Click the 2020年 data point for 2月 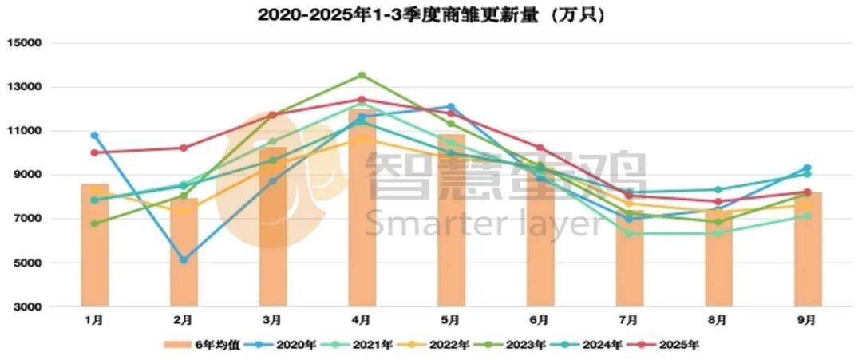coord(184,259)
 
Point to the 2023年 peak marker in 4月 coord(362,75)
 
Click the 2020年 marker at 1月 coord(94,136)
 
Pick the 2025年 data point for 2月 coord(184,148)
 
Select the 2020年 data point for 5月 coord(451,107)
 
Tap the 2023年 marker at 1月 coord(94,224)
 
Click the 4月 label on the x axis coord(362,320)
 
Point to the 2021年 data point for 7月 coord(629,233)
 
